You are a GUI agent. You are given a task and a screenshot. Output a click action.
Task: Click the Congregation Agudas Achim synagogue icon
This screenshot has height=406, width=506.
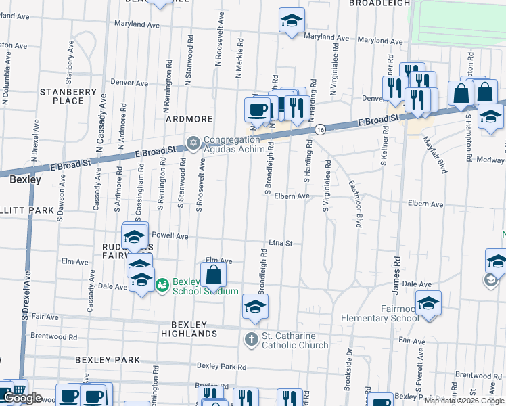tap(193, 143)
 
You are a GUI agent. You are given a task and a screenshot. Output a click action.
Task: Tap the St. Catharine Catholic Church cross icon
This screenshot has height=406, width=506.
tap(251, 338)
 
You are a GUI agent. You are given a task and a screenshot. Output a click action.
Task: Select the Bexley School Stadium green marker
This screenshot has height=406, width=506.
tap(162, 286)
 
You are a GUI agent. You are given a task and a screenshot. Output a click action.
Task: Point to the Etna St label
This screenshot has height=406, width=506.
tap(279, 243)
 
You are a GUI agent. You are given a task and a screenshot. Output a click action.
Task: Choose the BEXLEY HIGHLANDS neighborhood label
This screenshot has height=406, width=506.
tap(189, 329)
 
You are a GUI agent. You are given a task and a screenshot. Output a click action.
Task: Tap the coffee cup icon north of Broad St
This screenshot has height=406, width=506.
tap(257, 108)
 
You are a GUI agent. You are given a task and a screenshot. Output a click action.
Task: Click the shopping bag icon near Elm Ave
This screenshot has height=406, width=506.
tap(213, 275)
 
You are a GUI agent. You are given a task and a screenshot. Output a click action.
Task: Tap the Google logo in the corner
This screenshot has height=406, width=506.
tap(22, 398)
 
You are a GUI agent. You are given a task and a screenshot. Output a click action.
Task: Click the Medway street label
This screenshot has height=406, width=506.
tap(492, 160)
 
